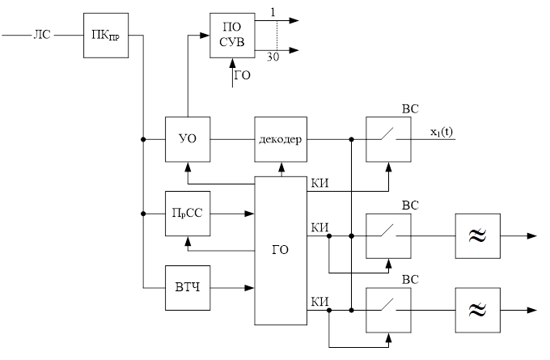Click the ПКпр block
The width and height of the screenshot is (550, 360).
(106, 36)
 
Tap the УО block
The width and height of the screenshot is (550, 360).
(187, 139)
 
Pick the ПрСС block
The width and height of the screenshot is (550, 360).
(187, 214)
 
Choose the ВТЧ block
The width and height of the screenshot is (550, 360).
(187, 287)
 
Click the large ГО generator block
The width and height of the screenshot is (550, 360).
(281, 250)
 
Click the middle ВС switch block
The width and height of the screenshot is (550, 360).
(387, 236)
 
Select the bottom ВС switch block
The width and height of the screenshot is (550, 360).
(387, 309)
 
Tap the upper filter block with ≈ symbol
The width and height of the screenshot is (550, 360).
(477, 236)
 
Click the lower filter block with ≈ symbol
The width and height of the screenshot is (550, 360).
(477, 309)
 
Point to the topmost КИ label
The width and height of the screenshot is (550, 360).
(319, 184)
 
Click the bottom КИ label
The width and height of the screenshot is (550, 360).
(319, 301)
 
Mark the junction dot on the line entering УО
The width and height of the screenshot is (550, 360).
(143, 140)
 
